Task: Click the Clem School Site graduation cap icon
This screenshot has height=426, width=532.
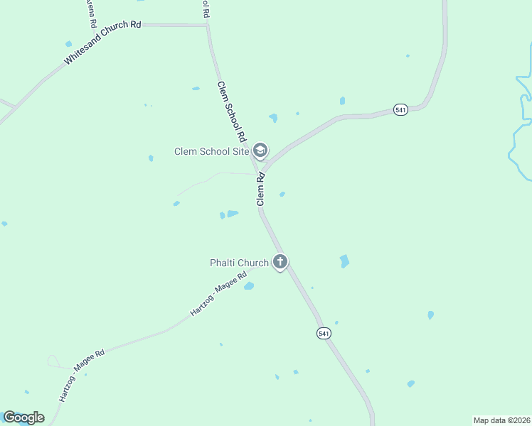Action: coord(261,150)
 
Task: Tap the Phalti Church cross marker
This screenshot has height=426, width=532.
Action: coord(280,262)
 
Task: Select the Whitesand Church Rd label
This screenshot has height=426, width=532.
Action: coord(102,44)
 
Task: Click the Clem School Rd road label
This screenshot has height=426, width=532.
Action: coord(231,111)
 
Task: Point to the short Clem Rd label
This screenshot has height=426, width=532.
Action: coord(261,190)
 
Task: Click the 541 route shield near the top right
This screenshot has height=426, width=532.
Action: coord(400,110)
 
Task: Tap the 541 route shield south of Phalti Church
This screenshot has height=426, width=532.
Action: coord(324,333)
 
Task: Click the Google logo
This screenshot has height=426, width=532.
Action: coord(23,417)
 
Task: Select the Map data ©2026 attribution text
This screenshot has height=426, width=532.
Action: coord(501,420)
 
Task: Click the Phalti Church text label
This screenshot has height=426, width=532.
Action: coord(239,263)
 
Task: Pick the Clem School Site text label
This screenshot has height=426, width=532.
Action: coord(212,151)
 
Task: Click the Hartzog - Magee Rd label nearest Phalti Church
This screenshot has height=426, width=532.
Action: coord(218,293)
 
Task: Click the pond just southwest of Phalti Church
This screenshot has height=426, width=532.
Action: coord(249,286)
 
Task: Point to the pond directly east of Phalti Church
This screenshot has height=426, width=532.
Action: coord(344,261)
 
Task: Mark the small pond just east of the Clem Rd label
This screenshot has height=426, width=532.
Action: coord(283,194)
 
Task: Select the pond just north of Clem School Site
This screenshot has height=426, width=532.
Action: coord(273,118)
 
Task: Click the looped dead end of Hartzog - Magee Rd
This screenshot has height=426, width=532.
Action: coord(53,362)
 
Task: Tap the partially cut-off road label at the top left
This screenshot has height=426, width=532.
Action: coord(92,13)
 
